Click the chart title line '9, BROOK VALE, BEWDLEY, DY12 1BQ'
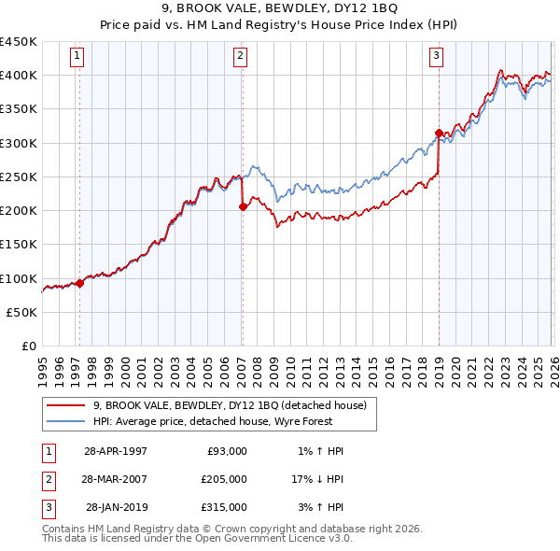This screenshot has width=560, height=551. point(280,10)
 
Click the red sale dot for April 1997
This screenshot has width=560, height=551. point(79,283)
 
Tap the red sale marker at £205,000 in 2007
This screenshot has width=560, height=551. point(243,207)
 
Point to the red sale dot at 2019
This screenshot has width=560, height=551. point(438,133)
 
